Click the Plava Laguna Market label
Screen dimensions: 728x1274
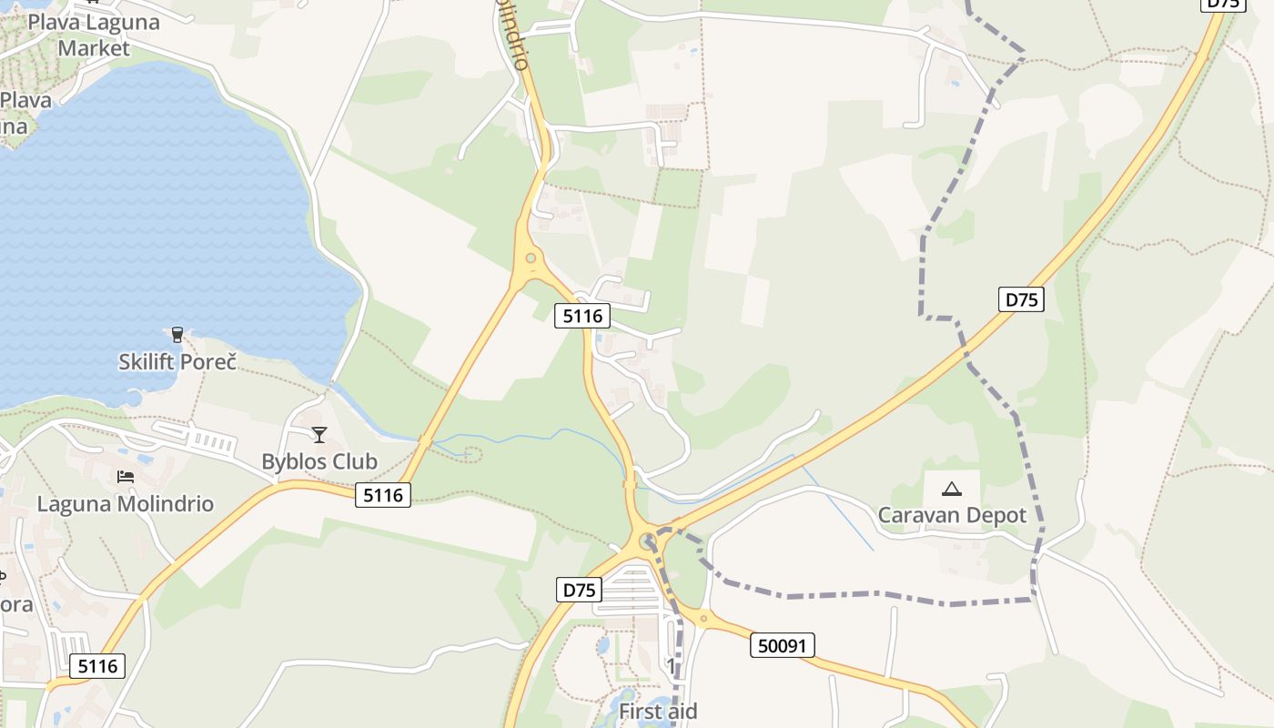tap(94, 35)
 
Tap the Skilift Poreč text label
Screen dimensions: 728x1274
tap(177, 361)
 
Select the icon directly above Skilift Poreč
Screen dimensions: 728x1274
tap(177, 335)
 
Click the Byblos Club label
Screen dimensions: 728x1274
tap(319, 461)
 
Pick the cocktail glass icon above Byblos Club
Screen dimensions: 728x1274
tap(319, 435)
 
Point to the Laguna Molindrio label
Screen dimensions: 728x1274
tap(126, 503)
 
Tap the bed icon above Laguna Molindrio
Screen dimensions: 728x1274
tap(126, 477)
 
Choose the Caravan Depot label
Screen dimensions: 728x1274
tap(952, 515)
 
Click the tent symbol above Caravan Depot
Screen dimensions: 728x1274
tap(952, 489)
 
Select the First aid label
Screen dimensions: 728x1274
tap(658, 711)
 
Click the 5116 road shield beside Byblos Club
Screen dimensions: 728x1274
tap(383, 495)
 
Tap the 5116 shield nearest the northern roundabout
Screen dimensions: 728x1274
tap(582, 316)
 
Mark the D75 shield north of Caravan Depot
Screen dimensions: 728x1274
tap(1020, 299)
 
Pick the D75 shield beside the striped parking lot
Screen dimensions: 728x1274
tap(579, 590)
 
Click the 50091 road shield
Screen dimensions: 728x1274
tap(783, 646)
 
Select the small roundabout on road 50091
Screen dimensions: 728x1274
tap(703, 618)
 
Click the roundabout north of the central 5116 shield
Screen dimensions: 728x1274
tap(531, 258)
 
